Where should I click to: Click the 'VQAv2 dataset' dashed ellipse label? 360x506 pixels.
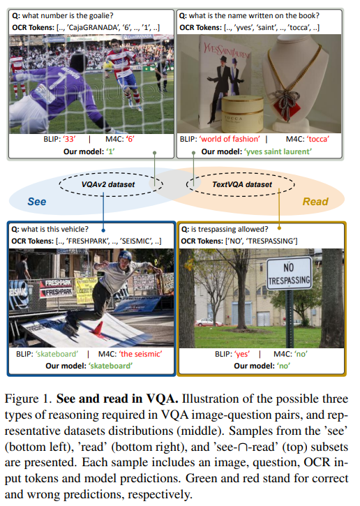108,184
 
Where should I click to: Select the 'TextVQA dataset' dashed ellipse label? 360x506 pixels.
242,184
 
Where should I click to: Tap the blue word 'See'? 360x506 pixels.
37,202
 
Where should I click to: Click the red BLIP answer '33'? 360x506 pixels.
70,139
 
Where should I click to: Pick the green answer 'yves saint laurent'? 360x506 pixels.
278,151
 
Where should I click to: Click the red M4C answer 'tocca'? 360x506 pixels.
317,139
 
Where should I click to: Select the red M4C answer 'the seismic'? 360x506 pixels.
141,354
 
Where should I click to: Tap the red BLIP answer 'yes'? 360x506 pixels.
242,354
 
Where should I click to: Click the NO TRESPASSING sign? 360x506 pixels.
290,274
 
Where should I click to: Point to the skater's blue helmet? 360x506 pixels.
125,256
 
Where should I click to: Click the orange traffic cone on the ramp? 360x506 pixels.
98,327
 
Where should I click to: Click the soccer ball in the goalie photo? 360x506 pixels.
108,66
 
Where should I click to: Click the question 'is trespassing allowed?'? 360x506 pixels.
230,229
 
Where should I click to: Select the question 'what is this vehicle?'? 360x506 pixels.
54,229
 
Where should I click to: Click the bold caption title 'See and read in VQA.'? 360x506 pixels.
117,399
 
